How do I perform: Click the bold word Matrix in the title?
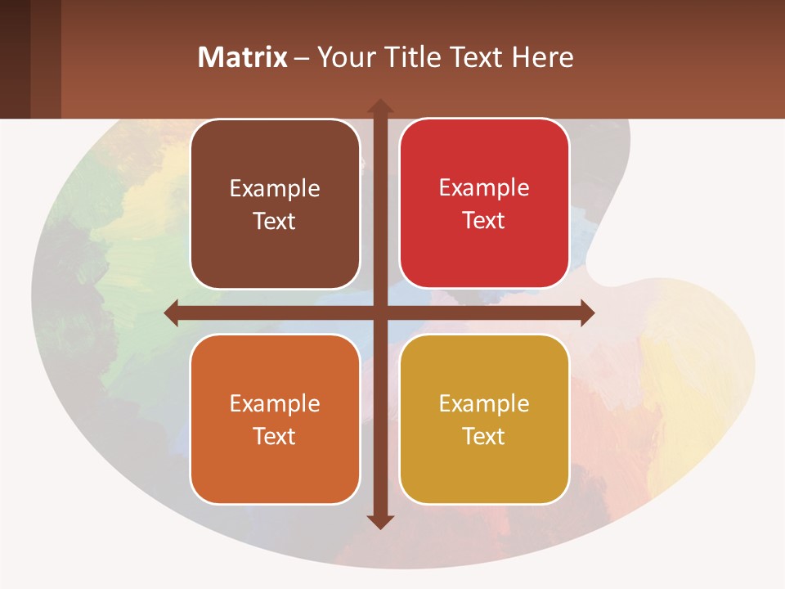coord(243,57)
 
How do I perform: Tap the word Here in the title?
coord(543,57)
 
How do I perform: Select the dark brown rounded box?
coord(275,204)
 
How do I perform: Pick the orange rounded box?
coord(275,419)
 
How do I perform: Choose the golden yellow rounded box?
coord(484,419)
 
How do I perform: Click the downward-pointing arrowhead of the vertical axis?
coord(380,521)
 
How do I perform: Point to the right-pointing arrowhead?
coord(587,312)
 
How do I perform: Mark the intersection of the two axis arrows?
coord(380,312)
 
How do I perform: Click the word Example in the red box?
coord(484,187)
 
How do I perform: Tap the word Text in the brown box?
coord(275,221)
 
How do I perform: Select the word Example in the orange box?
coord(275,403)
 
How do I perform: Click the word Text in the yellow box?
coord(484,436)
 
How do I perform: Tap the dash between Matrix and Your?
coord(302,58)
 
